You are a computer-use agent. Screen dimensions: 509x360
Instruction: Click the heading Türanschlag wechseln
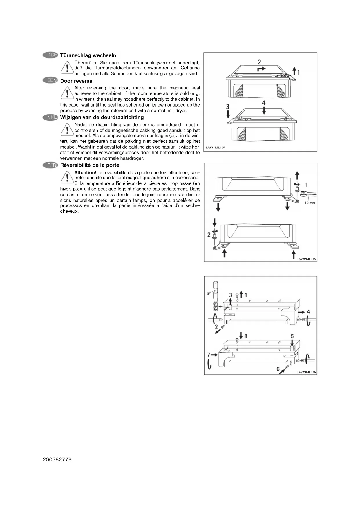coord(88,55)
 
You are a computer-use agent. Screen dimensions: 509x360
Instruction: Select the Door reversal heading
coord(77,81)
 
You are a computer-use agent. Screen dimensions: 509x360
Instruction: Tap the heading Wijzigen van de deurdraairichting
coord(102,118)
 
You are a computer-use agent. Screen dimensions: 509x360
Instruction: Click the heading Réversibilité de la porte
coord(90,165)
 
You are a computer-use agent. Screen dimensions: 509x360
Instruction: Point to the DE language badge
coord(50,55)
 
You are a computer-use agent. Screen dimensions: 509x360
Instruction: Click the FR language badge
coord(50,165)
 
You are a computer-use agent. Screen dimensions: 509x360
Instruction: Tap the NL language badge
coord(50,118)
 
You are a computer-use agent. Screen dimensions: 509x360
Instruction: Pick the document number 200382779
coord(57,460)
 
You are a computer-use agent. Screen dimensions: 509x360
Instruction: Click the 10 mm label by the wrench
coord(310,203)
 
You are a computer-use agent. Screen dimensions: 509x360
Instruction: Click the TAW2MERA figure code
coord(307,259)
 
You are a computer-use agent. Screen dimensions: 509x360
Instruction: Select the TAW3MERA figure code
coord(306,372)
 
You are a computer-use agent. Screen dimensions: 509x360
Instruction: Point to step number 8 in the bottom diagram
coord(246,336)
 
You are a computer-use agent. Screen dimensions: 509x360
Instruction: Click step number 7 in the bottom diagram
coord(209,355)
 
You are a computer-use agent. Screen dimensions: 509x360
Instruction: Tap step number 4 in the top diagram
coord(264,103)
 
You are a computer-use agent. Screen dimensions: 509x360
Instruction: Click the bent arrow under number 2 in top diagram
coord(261,69)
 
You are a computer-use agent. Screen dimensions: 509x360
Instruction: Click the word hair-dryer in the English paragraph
coord(177,111)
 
